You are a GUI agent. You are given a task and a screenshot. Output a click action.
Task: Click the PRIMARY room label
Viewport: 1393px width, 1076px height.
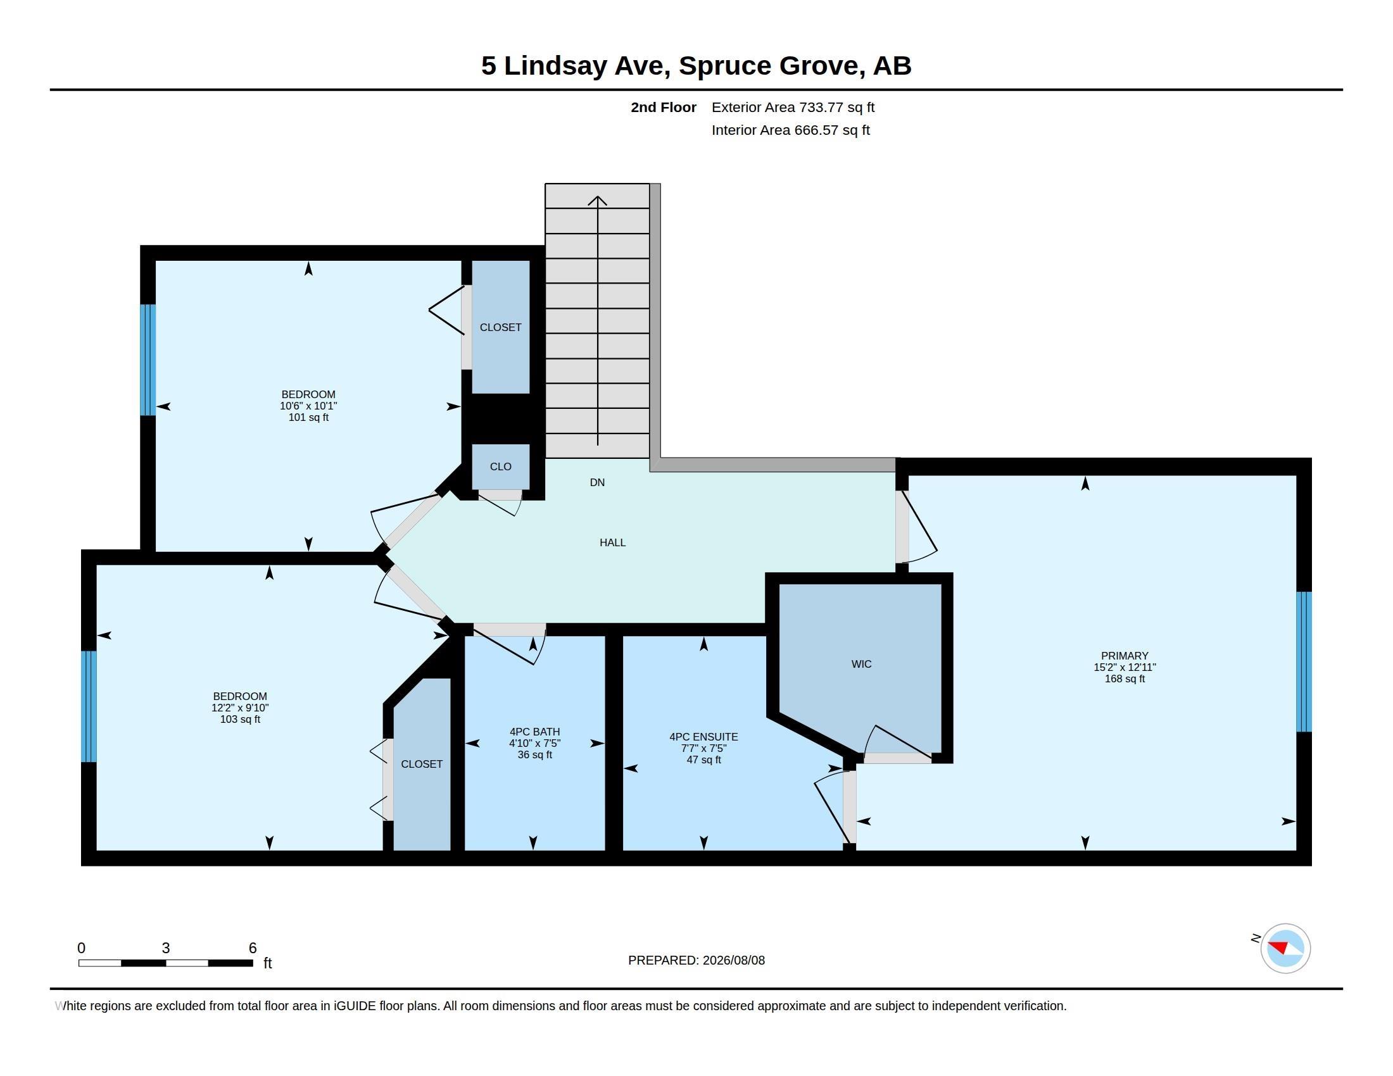point(1125,655)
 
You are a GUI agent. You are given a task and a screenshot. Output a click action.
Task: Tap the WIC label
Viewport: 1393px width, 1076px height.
point(861,664)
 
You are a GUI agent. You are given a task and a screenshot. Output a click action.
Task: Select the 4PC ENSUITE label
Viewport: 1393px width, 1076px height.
point(703,737)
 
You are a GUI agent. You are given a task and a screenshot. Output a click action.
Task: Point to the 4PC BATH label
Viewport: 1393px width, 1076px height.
point(534,732)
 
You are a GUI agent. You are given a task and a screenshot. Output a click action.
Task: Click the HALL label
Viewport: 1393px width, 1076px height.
point(612,542)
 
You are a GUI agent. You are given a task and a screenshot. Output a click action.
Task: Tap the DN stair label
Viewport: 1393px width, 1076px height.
point(597,482)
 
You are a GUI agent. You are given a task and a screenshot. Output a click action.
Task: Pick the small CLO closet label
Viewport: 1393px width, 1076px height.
point(501,466)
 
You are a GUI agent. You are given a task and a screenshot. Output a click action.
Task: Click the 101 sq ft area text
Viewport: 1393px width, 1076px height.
point(308,418)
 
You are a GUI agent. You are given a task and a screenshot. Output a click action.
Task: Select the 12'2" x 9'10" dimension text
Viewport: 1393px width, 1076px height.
point(240,708)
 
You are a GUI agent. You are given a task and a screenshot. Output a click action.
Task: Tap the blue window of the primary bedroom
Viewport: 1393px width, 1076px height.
point(1304,661)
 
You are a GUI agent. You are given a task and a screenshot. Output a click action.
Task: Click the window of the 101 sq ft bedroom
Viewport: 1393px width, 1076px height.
point(148,360)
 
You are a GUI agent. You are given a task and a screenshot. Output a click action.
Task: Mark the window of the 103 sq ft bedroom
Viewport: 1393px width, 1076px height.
point(89,706)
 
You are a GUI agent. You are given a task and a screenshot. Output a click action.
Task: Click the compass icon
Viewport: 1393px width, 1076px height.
point(1285,948)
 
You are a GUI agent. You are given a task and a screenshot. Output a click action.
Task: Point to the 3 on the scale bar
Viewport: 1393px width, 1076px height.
point(166,948)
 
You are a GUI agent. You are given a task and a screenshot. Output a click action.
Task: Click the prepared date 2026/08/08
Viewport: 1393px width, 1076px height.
point(733,960)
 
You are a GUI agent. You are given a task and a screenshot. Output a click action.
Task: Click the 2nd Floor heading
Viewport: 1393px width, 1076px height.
point(664,107)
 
